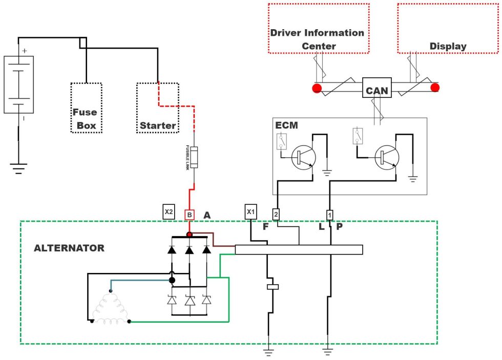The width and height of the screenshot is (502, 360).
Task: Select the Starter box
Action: (x=158, y=108)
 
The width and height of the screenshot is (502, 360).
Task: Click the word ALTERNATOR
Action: (x=69, y=248)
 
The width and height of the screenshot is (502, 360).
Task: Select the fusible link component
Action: (x=193, y=157)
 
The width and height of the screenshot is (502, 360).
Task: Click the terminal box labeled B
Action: (x=190, y=215)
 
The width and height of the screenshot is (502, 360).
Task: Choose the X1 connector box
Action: (x=250, y=211)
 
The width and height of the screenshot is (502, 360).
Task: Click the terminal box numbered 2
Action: (x=276, y=214)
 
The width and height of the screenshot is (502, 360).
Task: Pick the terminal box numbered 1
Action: (x=330, y=214)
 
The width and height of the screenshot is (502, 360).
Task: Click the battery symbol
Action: (x=19, y=84)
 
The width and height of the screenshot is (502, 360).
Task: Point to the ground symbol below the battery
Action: (x=19, y=168)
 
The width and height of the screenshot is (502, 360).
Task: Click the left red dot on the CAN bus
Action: (x=317, y=88)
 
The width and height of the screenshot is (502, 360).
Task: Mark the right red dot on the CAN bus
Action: (x=435, y=88)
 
